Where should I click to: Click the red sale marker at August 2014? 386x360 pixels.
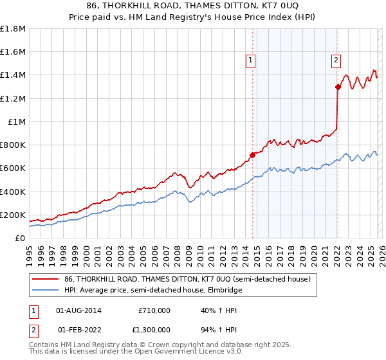[252, 155]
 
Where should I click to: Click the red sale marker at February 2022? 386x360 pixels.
[337, 87]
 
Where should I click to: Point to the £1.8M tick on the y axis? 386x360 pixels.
[13, 29]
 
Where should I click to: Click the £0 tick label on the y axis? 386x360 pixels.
[19, 238]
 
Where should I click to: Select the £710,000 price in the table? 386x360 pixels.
[154, 310]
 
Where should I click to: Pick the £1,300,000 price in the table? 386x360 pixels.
[151, 331]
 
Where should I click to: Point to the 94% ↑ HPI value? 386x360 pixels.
[219, 331]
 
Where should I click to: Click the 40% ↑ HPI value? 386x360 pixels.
[219, 310]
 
